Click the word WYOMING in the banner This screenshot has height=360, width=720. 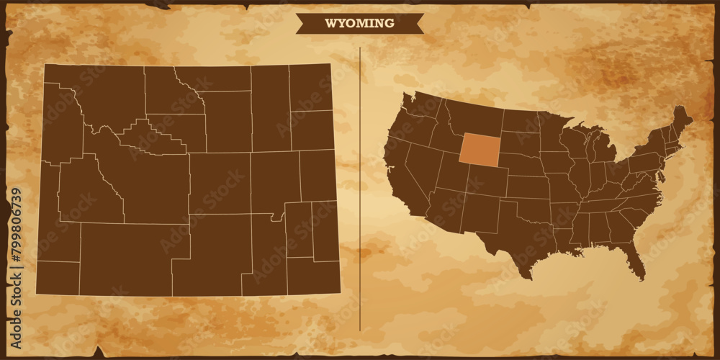point(359,23)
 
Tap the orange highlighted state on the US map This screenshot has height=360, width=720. point(480,149)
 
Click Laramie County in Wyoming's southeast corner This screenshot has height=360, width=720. point(313,276)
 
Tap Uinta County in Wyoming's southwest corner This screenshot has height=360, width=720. point(58,278)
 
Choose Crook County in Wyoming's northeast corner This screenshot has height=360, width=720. point(310,87)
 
